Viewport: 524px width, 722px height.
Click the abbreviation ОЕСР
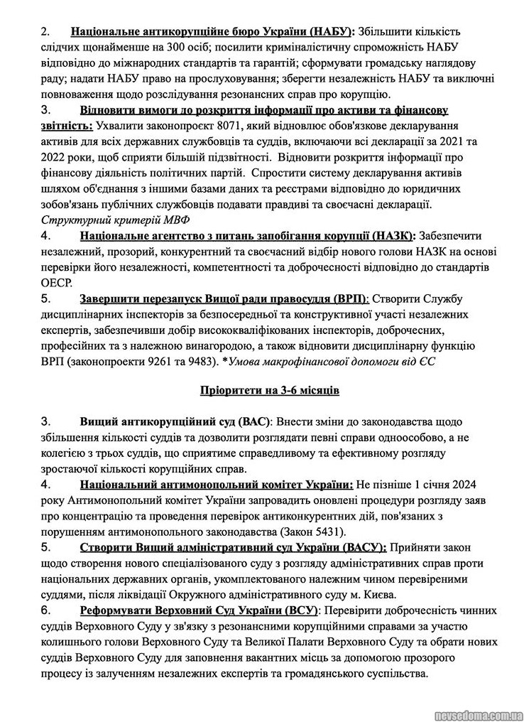pos(57,281)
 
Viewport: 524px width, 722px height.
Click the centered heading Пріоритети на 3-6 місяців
pos(261,391)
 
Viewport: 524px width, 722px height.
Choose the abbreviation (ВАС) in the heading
pos(253,422)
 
